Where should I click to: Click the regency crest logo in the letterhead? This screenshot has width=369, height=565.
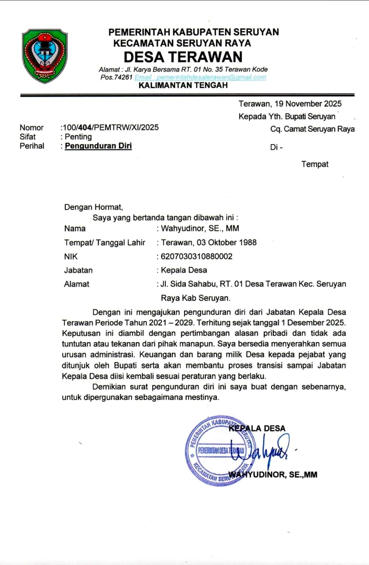point(44,56)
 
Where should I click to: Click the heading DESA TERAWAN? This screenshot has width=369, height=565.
point(183,57)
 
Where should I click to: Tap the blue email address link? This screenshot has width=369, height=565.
point(200,77)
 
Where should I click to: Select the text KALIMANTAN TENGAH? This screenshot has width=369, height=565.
point(183,85)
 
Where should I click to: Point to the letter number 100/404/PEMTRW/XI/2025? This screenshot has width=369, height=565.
point(110,127)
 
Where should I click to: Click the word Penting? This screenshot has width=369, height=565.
point(78,137)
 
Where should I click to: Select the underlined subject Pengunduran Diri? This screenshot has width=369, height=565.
point(98,146)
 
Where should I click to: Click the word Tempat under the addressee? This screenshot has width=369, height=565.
point(315,164)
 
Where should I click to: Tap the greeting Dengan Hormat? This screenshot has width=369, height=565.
point(93,207)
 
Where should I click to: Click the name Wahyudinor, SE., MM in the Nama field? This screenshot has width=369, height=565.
point(200,228)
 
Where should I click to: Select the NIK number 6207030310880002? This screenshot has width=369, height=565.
point(196,256)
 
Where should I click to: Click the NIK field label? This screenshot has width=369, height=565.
point(71,257)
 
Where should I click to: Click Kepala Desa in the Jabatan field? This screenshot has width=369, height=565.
point(184,270)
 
